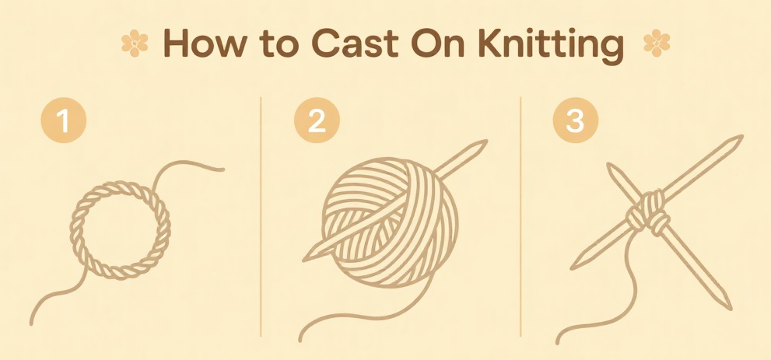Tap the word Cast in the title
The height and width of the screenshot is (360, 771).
click(x=354, y=44)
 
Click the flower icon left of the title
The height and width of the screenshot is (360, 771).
click(x=135, y=43)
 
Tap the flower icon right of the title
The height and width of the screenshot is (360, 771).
click(x=657, y=43)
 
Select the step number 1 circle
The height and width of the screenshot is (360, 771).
click(x=64, y=121)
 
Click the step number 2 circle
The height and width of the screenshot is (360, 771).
click(x=317, y=121)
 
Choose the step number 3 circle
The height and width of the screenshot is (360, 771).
click(x=576, y=121)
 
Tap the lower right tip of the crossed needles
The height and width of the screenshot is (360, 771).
click(x=731, y=309)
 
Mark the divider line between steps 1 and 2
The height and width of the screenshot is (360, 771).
click(x=261, y=217)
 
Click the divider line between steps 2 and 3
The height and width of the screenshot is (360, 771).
click(x=520, y=217)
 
